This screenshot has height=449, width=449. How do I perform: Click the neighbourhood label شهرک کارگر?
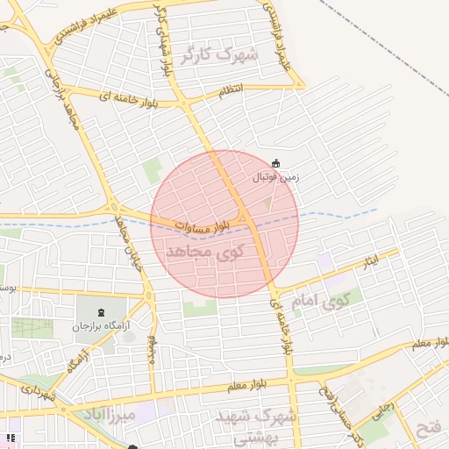point(220,55)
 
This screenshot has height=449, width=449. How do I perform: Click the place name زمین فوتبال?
point(275,176)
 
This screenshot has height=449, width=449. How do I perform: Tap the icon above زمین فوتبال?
point(276,162)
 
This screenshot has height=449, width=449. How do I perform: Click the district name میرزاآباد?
point(115,412)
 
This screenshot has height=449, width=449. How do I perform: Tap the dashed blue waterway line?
point(351,213)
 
